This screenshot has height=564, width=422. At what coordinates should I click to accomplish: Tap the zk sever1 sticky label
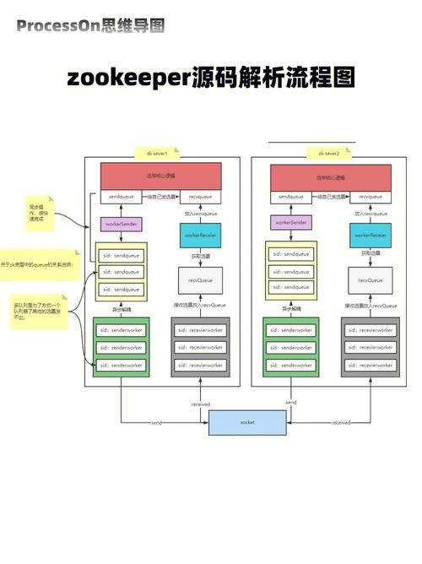[x=160, y=154]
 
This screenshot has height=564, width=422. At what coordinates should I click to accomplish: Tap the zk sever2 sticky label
[x=328, y=154]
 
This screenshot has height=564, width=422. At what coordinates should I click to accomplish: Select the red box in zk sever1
[x=160, y=176]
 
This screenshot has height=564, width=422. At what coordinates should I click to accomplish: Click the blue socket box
[x=247, y=421]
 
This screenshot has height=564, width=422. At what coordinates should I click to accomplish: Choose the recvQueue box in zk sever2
[x=371, y=279]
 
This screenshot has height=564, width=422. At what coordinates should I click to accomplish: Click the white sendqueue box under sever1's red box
[x=119, y=197]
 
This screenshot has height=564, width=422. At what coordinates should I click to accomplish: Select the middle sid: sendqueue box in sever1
[x=120, y=272]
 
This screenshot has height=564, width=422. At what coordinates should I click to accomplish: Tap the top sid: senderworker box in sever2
[x=289, y=329]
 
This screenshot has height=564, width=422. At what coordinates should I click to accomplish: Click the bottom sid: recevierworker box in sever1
[x=201, y=365]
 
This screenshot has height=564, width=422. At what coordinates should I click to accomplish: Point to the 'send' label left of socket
[x=157, y=422]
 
